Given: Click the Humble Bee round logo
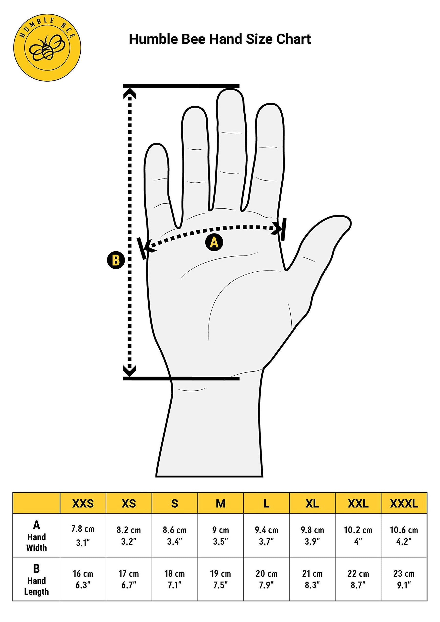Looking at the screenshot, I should (x=47, y=47).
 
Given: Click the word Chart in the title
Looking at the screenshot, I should (x=293, y=39).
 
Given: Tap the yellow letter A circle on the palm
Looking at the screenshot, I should (x=214, y=242).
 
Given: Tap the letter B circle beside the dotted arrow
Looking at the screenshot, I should (x=116, y=260).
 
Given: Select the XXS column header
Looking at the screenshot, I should (x=83, y=504).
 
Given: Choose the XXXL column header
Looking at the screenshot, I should (x=404, y=504).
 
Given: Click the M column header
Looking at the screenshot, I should (x=220, y=504).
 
